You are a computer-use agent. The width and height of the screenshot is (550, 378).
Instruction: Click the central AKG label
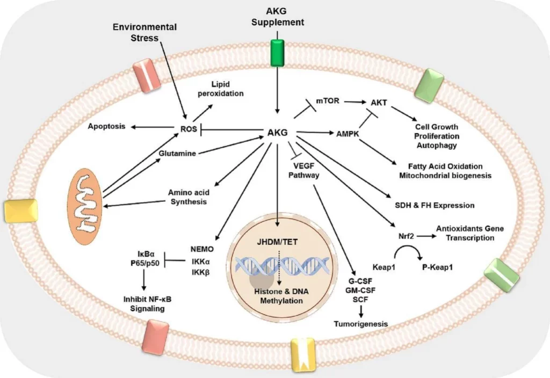[x=277, y=132]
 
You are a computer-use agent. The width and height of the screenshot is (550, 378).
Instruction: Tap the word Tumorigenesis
[x=361, y=324]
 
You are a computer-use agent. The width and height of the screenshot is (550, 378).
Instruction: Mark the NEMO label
[x=202, y=249]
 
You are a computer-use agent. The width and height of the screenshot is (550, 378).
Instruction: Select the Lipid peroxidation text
[x=228, y=89]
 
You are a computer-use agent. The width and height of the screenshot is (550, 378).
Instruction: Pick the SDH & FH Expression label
[x=434, y=205]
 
